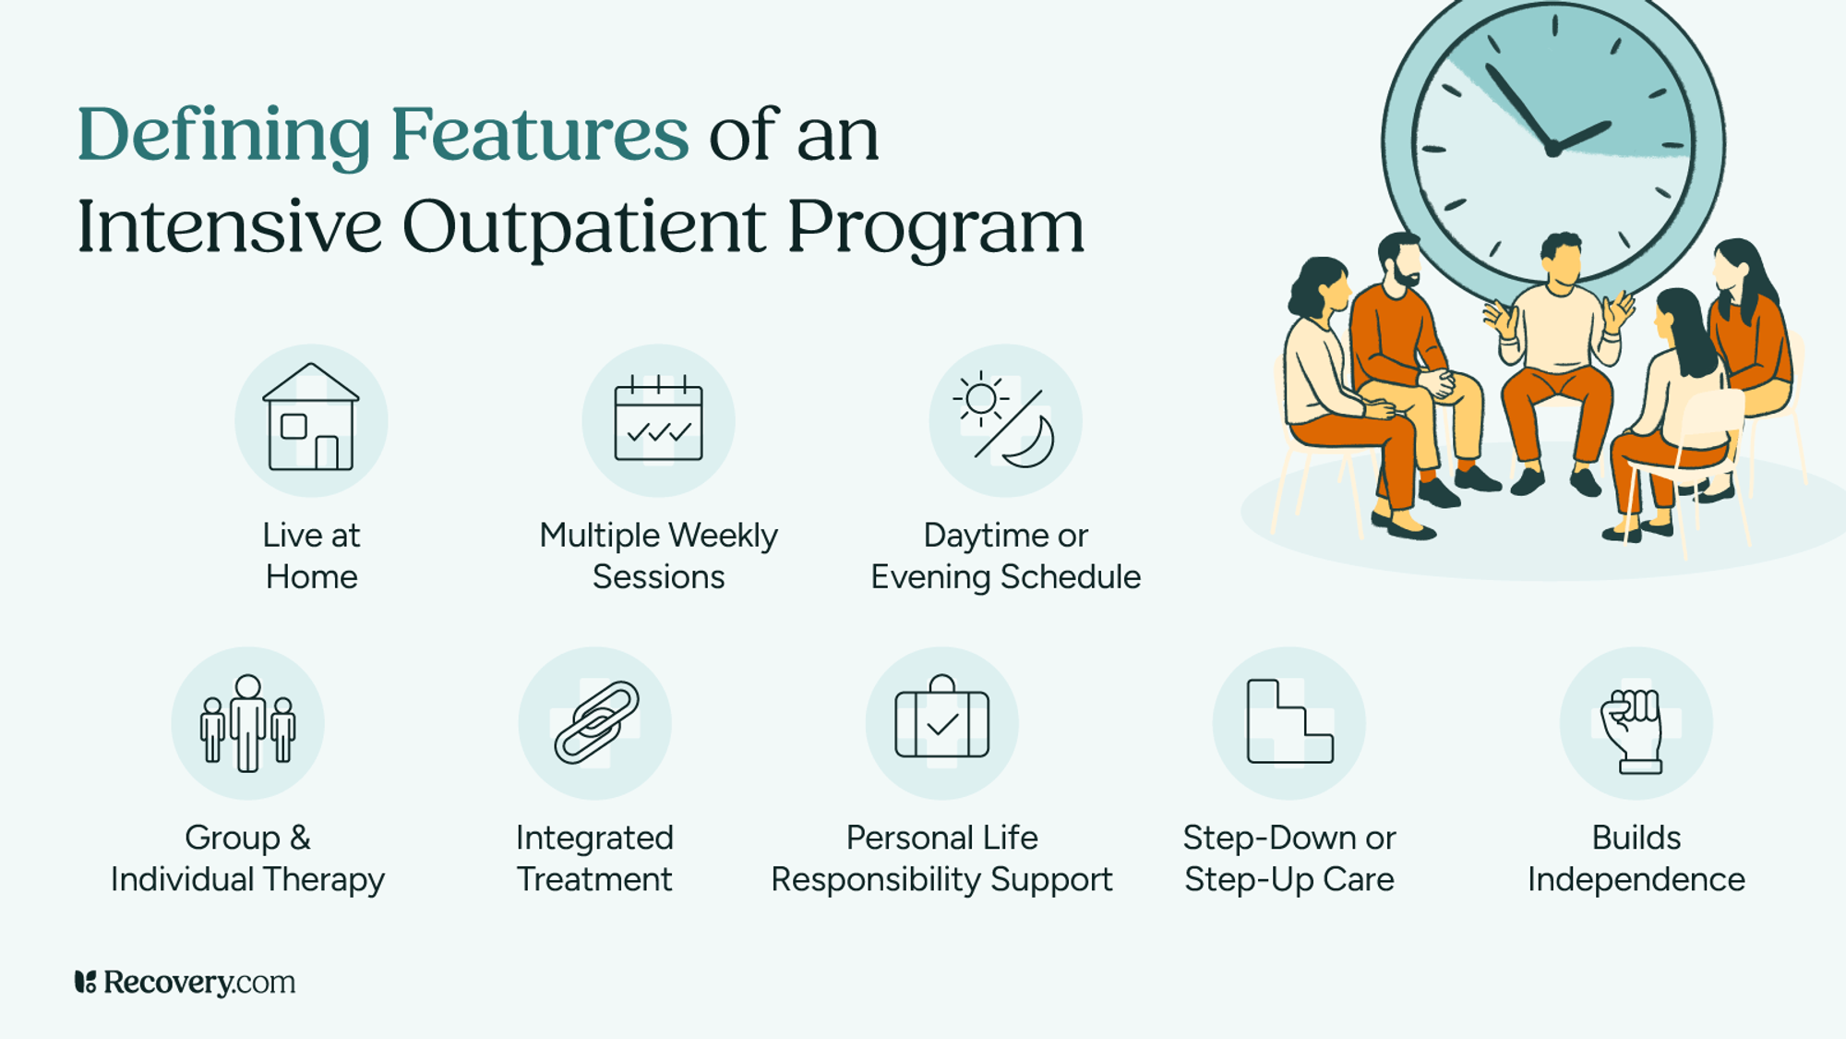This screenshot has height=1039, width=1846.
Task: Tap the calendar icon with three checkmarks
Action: [x=658, y=420]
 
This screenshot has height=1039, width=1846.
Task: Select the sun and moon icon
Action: [x=1005, y=420]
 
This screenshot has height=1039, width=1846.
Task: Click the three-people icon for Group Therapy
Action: [x=247, y=723]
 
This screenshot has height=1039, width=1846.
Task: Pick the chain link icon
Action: [x=595, y=723]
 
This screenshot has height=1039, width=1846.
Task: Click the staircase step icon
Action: [x=1289, y=723]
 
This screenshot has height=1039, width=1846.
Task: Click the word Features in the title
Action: [x=539, y=135]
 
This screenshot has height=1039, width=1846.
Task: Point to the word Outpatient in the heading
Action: [x=583, y=227]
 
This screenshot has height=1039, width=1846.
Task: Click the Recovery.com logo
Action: [x=185, y=982]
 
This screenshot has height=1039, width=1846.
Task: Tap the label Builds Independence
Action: [x=1636, y=858]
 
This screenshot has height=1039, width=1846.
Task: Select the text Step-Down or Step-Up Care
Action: [x=1289, y=858]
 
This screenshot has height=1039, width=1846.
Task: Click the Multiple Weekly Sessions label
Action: [x=658, y=555]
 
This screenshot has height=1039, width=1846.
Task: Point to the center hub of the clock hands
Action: [x=1553, y=148]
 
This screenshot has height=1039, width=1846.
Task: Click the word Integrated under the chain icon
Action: [x=594, y=838]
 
